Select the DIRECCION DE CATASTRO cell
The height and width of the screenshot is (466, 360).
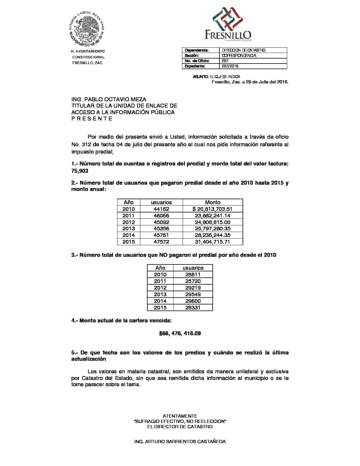(244, 50)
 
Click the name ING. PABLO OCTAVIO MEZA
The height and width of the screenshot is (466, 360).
(109, 99)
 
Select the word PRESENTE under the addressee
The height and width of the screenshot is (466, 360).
(92, 118)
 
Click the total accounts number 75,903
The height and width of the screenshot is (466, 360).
(80, 171)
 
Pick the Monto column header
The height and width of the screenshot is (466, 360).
(212, 202)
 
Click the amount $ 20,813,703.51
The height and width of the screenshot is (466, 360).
(212, 209)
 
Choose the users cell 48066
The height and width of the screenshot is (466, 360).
(161, 215)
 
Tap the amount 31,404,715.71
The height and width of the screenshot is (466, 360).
(212, 242)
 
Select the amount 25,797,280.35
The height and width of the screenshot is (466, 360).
(212, 228)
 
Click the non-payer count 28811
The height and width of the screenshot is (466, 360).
(193, 274)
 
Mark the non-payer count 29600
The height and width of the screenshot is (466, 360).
(193, 301)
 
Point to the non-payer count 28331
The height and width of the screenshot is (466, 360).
(193, 307)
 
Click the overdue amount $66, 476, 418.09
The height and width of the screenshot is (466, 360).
(180, 333)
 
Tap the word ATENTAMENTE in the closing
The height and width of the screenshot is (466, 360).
(180, 416)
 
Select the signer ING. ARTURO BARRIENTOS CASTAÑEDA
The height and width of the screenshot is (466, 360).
(180, 442)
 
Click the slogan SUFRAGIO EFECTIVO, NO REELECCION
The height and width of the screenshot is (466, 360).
(180, 421)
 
